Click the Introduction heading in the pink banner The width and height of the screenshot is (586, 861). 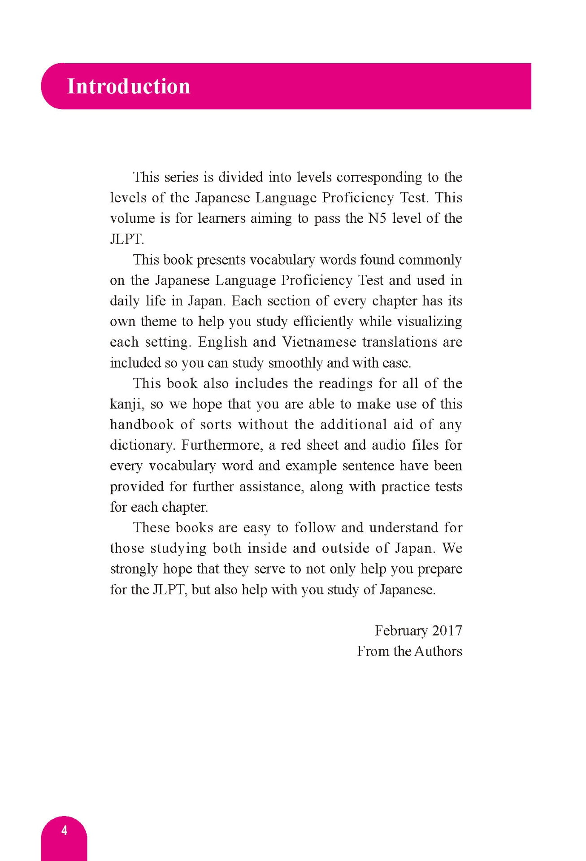129,86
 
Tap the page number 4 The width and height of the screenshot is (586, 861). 64,831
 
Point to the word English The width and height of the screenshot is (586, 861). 222,342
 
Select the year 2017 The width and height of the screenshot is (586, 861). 447,631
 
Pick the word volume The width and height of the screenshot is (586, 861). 133,218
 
